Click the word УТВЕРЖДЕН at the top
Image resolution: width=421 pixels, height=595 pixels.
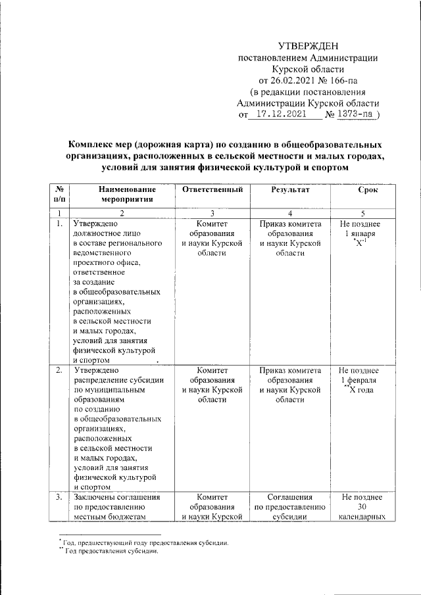(x=307, y=46)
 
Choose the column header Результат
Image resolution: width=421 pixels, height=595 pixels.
(x=290, y=190)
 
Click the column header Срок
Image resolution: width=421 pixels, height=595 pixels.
(x=367, y=190)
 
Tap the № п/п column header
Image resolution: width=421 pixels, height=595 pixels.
(x=61, y=195)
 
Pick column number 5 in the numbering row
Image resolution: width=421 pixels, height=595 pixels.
(x=363, y=213)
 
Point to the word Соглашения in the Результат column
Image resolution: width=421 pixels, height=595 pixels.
(x=289, y=498)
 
